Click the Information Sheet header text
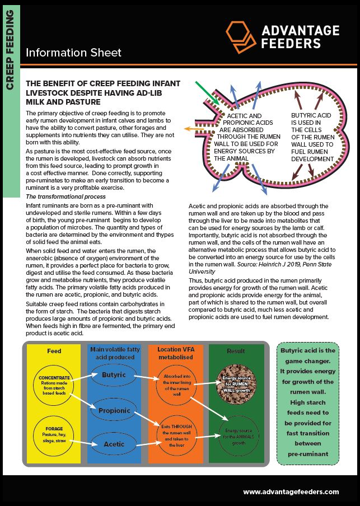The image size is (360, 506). click(x=73, y=53)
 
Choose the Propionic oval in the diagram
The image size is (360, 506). click(x=115, y=410)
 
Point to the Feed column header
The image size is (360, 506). click(x=54, y=352)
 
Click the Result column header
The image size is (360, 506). click(x=236, y=352)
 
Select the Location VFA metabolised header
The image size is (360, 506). click(x=176, y=354)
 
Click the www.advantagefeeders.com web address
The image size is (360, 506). click(x=291, y=491)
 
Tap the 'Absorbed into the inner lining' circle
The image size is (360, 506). click(x=176, y=385)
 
